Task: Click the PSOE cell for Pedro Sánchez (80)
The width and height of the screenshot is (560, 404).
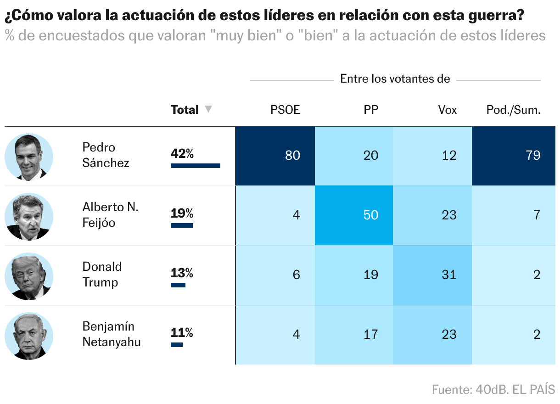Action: (x=275, y=156)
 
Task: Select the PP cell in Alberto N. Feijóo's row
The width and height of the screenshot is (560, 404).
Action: (x=354, y=215)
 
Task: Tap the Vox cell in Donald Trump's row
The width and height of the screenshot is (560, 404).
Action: (x=432, y=275)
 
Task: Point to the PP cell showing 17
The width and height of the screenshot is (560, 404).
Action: (x=354, y=335)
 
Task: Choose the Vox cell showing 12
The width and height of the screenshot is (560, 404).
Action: (x=432, y=156)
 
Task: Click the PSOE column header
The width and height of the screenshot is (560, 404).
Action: (x=285, y=110)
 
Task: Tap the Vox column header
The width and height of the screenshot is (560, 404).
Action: (x=448, y=110)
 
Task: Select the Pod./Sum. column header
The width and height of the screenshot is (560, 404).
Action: (x=513, y=110)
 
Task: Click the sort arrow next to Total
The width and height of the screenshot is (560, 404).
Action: (x=208, y=110)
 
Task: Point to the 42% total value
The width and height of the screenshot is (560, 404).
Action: (x=182, y=154)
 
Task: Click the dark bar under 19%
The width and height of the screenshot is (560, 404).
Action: (x=182, y=225)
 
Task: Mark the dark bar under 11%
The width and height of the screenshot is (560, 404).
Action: (x=177, y=345)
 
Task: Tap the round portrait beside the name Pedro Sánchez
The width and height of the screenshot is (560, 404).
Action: (x=29, y=157)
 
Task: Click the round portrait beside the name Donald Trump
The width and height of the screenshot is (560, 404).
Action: (x=29, y=276)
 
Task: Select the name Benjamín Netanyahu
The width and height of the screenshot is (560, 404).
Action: (x=111, y=334)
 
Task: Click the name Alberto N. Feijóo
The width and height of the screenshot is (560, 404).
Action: (x=110, y=215)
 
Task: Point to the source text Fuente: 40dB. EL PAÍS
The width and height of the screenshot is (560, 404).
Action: (x=493, y=390)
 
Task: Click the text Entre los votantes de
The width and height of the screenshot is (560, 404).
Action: (x=395, y=79)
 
